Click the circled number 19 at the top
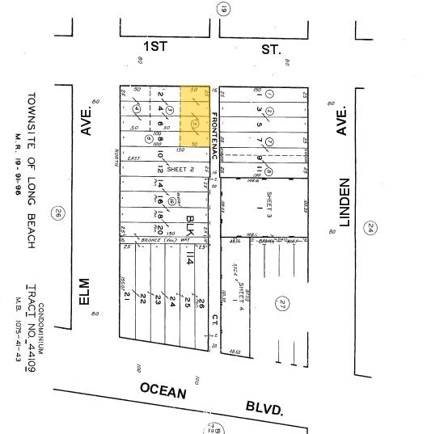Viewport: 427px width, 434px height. click(x=223, y=9)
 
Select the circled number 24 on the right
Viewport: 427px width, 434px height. click(x=370, y=205)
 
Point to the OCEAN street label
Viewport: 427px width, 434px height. click(x=163, y=391)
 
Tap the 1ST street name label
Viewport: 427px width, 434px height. click(x=154, y=47)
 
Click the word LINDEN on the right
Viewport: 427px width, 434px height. click(x=345, y=202)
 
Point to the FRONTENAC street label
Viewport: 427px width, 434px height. click(x=214, y=134)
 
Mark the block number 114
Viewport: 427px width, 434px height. click(x=191, y=259)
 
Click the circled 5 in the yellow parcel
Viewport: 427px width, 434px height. click(x=194, y=124)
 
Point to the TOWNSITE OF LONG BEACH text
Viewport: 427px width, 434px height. click(x=32, y=171)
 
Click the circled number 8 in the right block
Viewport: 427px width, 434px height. click(x=268, y=171)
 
